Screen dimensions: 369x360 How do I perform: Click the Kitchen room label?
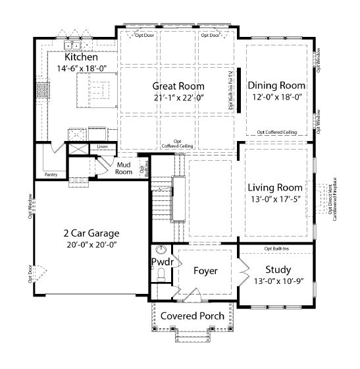pos(82,57)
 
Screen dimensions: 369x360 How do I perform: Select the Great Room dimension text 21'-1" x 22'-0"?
pos(178,98)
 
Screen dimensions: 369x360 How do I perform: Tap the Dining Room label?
pos(276,85)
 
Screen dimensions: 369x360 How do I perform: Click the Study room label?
pos(278,270)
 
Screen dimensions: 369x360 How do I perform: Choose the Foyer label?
pos(205,271)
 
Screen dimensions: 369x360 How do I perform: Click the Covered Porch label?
pos(193,316)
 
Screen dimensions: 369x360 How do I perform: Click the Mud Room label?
pos(124,168)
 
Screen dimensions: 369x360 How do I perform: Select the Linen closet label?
pos(102,146)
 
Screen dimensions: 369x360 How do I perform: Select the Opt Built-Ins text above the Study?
pos(277,248)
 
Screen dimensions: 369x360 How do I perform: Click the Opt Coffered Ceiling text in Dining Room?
pos(276,132)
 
